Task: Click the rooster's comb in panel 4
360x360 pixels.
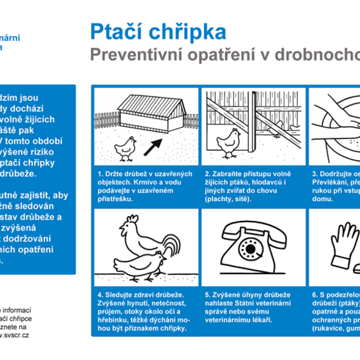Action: click(x=131, y=220)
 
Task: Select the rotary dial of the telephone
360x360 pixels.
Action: click(x=250, y=247)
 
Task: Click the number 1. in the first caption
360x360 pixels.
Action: click(x=100, y=174)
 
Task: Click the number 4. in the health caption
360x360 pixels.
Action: click(x=100, y=295)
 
